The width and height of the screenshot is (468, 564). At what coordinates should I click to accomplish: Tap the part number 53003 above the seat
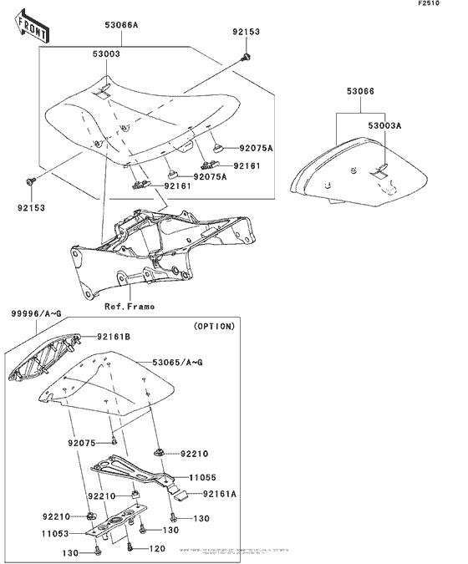tap(105, 53)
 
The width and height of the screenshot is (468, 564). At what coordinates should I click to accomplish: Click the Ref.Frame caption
tap(130, 307)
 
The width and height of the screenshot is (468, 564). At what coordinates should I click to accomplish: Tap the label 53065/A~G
tap(178, 363)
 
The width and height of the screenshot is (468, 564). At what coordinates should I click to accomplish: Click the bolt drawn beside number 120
tap(130, 548)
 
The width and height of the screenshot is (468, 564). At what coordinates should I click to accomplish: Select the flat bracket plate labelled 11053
tap(117, 523)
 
